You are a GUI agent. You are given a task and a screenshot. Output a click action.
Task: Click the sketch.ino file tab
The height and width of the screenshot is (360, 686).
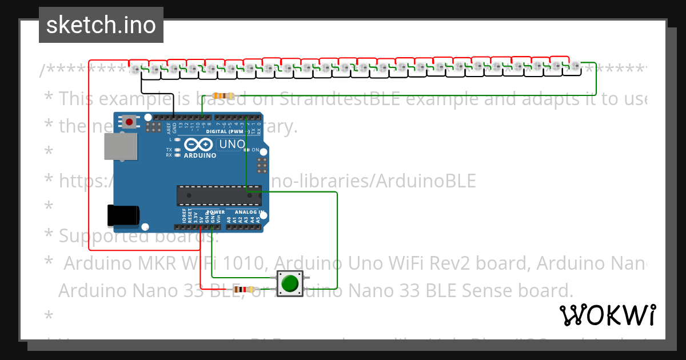click(x=101, y=25)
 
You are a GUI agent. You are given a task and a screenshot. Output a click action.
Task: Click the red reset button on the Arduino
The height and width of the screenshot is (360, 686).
click(x=130, y=121)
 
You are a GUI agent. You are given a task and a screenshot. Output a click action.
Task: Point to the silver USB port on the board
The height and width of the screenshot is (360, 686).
click(x=121, y=147)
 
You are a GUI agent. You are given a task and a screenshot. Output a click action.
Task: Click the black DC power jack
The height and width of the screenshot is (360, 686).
click(x=123, y=215)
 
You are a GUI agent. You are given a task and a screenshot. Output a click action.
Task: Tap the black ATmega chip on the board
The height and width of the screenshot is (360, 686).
click(x=219, y=195)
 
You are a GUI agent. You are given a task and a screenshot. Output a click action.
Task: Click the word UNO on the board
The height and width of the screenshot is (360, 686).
click(x=232, y=144)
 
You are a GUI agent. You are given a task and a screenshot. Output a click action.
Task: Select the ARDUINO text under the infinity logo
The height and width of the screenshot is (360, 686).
click(x=200, y=155)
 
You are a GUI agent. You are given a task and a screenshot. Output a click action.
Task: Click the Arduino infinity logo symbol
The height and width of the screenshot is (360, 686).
click(x=200, y=145)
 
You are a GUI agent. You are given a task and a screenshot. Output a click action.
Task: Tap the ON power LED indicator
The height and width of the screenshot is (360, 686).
click(x=246, y=150)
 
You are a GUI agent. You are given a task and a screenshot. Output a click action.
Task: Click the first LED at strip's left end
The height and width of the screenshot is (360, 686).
click(x=135, y=70)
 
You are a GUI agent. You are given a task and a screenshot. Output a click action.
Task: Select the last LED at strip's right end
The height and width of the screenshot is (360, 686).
click(x=575, y=67)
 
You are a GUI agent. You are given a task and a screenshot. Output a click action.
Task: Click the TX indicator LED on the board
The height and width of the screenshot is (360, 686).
click(x=178, y=150)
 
